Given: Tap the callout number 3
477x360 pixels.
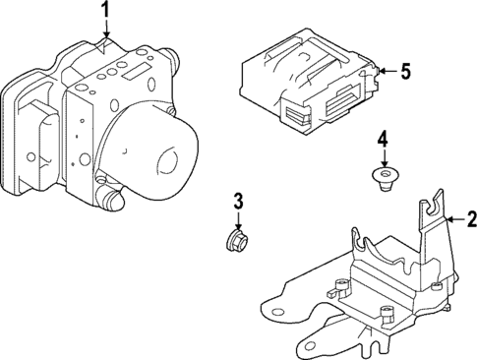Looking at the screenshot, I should pyautogui.click(x=236, y=204).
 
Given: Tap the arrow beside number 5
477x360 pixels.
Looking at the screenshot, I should pyautogui.click(x=387, y=71).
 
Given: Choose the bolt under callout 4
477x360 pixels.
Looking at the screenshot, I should pyautogui.click(x=385, y=178).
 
